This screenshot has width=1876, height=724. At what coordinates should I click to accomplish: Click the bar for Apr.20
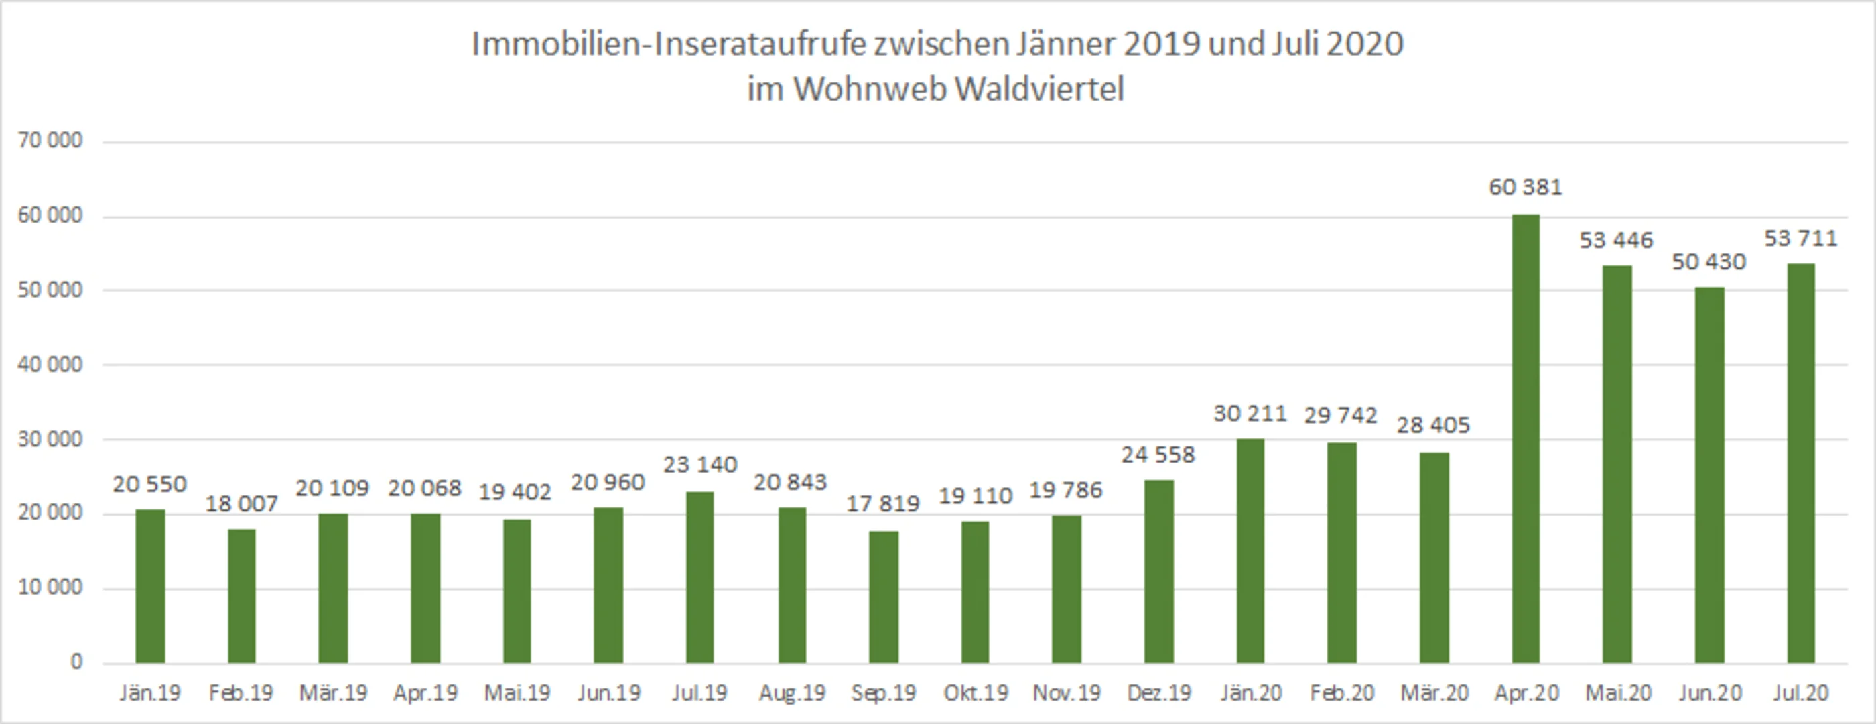pyautogui.click(x=1526, y=438)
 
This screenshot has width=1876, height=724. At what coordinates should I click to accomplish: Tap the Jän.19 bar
pyautogui.click(x=150, y=587)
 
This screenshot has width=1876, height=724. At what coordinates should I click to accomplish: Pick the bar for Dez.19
pyautogui.click(x=1158, y=572)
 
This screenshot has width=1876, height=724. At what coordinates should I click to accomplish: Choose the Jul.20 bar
pyautogui.click(x=1801, y=463)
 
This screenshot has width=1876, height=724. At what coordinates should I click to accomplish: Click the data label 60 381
pyautogui.click(x=1526, y=188)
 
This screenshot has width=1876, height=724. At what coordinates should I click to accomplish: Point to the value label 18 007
pyautogui.click(x=242, y=504)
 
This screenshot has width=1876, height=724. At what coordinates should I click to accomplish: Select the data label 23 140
pyautogui.click(x=700, y=465)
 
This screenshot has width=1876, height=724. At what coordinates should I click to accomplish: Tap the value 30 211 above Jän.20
pyautogui.click(x=1250, y=414)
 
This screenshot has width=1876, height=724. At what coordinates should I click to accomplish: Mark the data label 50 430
pyautogui.click(x=1709, y=262)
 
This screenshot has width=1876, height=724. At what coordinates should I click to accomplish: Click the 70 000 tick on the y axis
pyautogui.click(x=50, y=141)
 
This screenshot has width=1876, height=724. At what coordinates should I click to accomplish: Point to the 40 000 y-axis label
pyautogui.click(x=50, y=365)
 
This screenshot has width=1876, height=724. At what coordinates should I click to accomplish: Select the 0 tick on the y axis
pyautogui.click(x=76, y=662)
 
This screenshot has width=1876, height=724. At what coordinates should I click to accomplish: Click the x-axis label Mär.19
pyautogui.click(x=334, y=692)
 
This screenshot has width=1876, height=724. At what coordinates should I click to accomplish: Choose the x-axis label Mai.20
pyautogui.click(x=1617, y=692)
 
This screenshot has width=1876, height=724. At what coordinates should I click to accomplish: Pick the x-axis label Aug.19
pyautogui.click(x=793, y=692)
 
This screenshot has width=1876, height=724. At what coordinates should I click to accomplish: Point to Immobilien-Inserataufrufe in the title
pyautogui.click(x=669, y=44)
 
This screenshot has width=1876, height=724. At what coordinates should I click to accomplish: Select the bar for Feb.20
pyautogui.click(x=1342, y=554)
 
